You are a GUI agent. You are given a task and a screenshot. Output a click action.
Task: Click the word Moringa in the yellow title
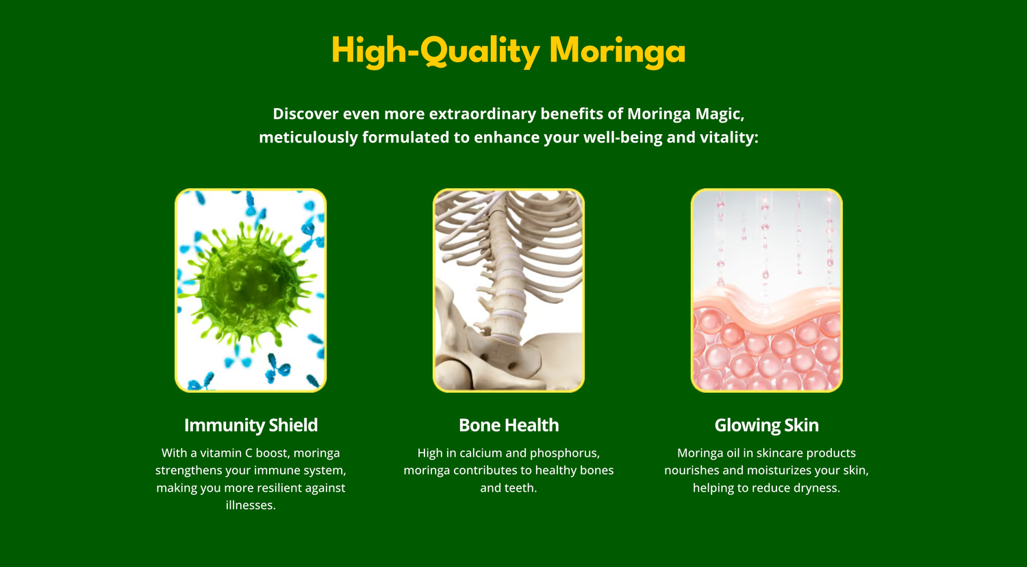617,51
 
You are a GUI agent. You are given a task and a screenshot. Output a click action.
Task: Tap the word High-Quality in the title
435,51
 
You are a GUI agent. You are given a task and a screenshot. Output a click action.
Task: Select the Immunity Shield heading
251,425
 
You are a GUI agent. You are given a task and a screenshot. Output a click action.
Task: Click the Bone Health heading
509,425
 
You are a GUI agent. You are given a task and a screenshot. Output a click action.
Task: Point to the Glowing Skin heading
767,425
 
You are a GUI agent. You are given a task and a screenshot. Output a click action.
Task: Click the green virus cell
250,284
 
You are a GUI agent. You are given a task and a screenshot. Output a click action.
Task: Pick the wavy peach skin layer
767,305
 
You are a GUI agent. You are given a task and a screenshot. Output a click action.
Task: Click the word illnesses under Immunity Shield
251,505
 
